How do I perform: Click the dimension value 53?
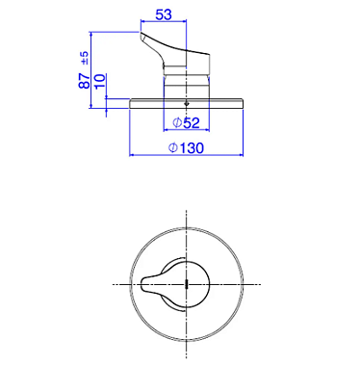click(164, 14)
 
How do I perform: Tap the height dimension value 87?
click(85, 81)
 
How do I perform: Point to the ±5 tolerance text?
click(85, 58)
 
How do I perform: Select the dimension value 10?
click(100, 81)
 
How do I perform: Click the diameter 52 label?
click(186, 122)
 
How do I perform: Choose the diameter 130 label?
click(186, 148)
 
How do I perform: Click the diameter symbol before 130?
click(173, 148)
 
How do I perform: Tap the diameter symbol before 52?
click(177, 122)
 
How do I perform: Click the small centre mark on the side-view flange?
click(187, 104)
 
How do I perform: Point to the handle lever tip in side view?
click(142, 35)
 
